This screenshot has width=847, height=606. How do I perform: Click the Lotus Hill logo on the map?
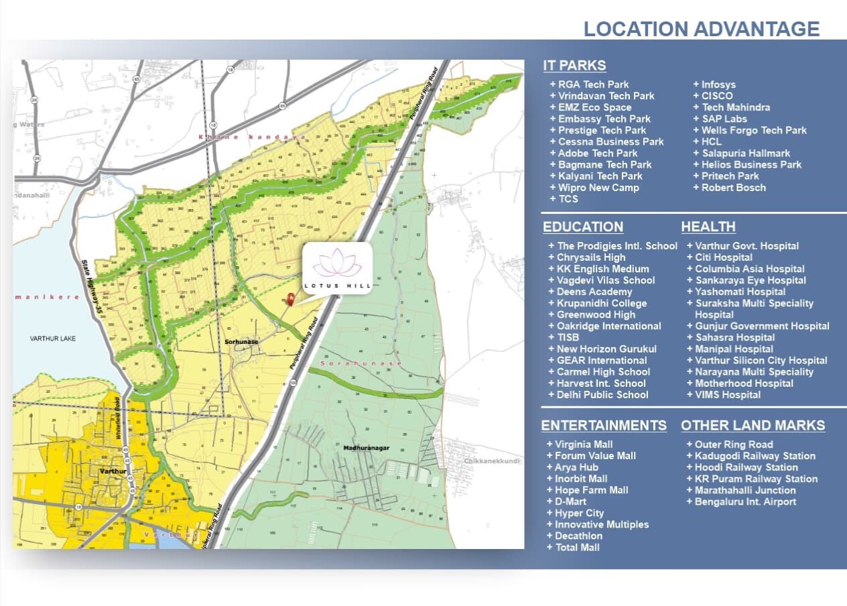coord(337,268)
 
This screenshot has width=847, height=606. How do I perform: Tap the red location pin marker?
coord(291,300)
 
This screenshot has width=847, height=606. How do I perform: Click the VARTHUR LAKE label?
coord(53,339)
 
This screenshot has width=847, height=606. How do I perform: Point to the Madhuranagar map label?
coord(366,448)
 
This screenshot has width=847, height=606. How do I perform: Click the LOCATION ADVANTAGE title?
coord(701,29)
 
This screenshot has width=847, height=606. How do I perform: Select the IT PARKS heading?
coord(574,65)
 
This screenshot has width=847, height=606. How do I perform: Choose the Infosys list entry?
coord(718,84)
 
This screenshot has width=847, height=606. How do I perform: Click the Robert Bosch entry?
coord(733,188)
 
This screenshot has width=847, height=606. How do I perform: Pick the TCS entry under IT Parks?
coord(568,199)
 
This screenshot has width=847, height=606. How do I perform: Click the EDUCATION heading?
coord(583,227)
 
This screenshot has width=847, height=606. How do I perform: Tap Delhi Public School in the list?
coord(602,395)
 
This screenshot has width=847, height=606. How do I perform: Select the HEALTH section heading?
coord(708,227)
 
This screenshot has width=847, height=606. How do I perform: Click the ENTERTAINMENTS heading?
coord(604,426)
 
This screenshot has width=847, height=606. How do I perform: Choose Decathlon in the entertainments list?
coord(578,536)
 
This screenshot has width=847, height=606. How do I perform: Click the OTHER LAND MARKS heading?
coord(753,426)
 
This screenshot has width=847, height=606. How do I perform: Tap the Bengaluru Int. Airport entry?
coord(745,502)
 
